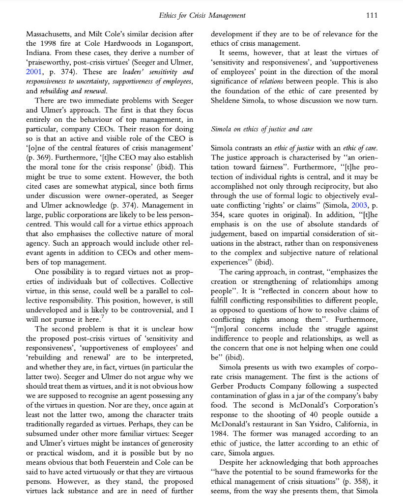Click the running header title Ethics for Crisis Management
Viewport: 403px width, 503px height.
[x=202, y=15]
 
